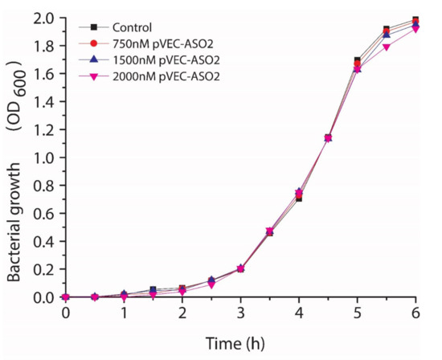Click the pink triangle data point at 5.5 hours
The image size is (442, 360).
(387, 47)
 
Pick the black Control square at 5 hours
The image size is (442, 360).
(357, 61)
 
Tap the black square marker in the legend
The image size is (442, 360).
(94, 28)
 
